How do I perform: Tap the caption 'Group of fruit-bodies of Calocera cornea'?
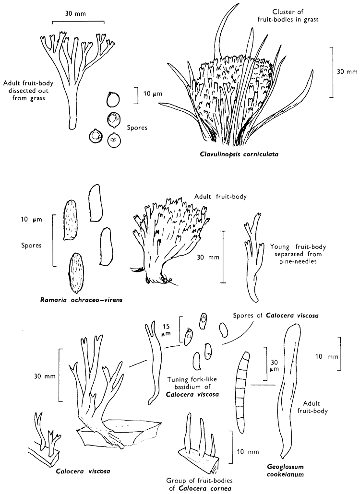[195, 485]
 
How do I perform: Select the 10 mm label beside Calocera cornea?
[248, 451]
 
